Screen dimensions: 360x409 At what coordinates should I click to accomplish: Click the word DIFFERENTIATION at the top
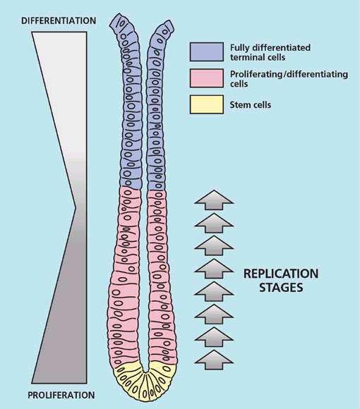(x=59, y=21)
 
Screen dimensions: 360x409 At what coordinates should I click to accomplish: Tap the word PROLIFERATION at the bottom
(x=61, y=395)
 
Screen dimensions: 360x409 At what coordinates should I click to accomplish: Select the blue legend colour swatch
(x=207, y=52)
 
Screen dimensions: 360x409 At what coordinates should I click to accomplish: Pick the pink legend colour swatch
(x=207, y=78)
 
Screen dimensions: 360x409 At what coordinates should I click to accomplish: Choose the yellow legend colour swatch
(x=207, y=104)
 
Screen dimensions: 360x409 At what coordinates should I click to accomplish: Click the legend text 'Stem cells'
(x=251, y=105)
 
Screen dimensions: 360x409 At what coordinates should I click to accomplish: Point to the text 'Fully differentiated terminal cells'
(x=270, y=52)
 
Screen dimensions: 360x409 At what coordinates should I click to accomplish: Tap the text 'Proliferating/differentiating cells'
(x=289, y=79)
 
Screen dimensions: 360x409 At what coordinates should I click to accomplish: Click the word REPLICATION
(x=281, y=274)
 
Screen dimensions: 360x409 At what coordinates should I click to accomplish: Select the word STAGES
(x=281, y=288)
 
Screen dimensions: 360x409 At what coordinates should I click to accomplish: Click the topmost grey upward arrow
(x=214, y=200)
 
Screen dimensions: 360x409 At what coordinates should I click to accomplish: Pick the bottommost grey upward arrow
(x=214, y=360)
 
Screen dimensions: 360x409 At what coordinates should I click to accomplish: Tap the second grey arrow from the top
(x=214, y=223)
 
